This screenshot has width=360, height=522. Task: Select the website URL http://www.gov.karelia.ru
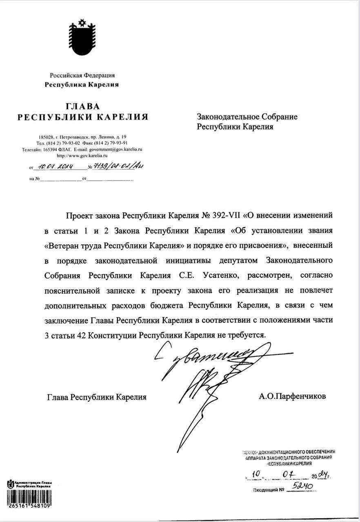click(x=82, y=156)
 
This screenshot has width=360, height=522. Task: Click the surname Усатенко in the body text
click(x=220, y=275)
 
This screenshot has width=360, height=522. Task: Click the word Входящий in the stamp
click(x=265, y=489)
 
